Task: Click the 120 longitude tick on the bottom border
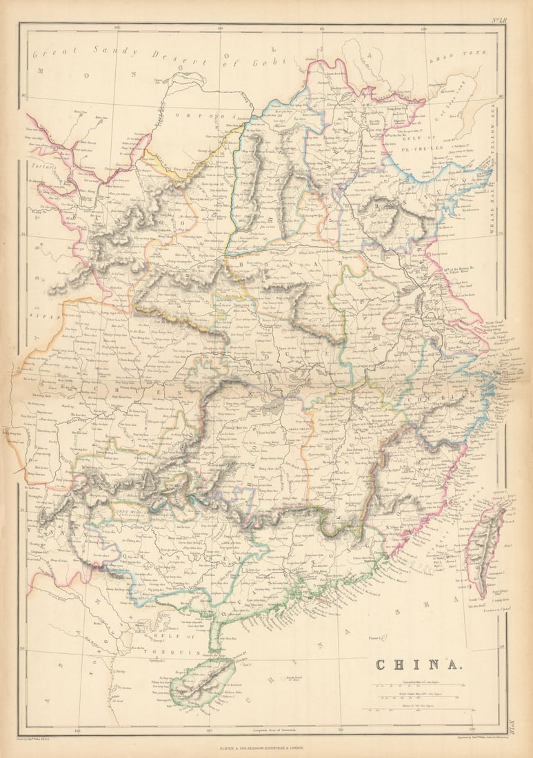click(471, 728)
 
